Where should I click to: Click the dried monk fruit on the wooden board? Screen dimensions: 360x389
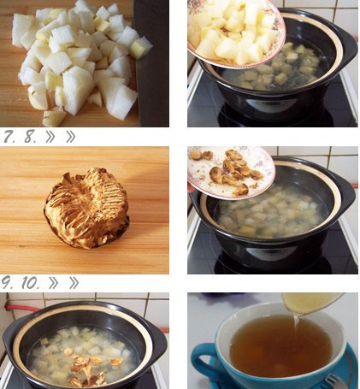coord(86,208)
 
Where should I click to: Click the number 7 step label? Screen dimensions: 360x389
coord(9,137)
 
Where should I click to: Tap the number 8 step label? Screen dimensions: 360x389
coord(30,137)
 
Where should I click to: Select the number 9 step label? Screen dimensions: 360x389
coord(9,283)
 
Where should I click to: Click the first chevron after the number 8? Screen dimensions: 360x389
coord(50,137)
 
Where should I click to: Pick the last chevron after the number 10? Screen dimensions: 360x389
coord(74,283)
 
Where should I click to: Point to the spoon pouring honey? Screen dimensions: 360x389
coord(312,304)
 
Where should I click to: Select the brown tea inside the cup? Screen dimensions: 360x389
coord(280,345)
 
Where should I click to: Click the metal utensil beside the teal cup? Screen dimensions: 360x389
coord(335,382)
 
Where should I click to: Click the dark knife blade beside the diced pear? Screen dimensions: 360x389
coord(151,63)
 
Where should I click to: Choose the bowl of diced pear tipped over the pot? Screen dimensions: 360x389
coord(235,32)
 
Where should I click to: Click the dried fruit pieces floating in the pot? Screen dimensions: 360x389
coord(86,368)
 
